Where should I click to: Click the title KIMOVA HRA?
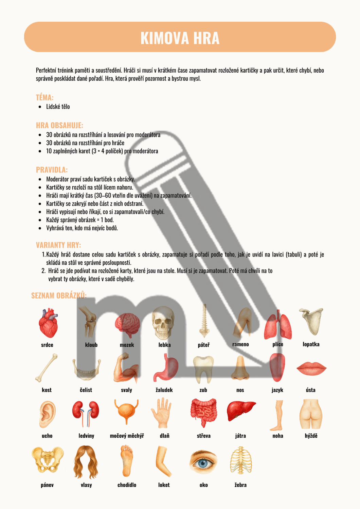180,38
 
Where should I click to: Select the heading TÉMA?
44,97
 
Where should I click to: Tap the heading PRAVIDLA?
52,170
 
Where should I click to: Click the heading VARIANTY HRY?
58,245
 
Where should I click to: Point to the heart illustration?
48,323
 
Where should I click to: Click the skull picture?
163,323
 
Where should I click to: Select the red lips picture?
311,368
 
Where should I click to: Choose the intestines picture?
204,412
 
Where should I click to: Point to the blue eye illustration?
203,461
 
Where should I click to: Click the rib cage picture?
241,460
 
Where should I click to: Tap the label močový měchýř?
127,436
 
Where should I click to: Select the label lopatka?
311,344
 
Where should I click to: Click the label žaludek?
164,390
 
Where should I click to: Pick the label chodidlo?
127,485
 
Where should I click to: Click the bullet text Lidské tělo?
58,107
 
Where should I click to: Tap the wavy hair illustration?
86,462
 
